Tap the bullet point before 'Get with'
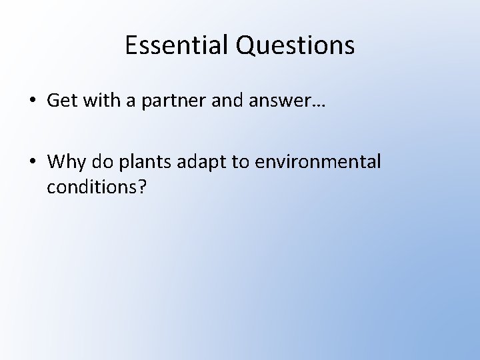tap(32, 101)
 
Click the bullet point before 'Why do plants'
tap(32, 162)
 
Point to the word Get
tap(61, 101)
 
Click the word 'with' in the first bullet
tap(98, 100)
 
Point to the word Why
tap(65, 162)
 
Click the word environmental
tap(315, 161)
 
